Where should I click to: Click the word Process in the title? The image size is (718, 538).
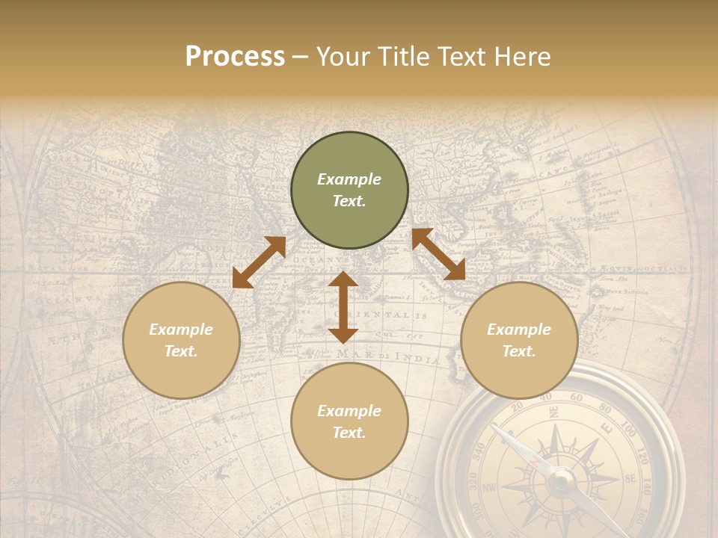tap(235, 57)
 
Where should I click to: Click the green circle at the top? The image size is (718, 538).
tap(349, 191)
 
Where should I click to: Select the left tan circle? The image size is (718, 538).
tap(181, 340)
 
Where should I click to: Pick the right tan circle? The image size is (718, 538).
tap(519, 340)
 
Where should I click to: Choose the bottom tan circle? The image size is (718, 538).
tap(349, 421)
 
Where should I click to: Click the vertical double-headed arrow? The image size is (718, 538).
tap(343, 307)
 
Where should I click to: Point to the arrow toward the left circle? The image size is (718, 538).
tap(259, 262)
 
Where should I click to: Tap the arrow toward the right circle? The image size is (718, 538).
tap(438, 254)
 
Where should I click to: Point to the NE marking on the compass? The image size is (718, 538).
tap(553, 412)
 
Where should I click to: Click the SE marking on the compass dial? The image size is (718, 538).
tap(630, 478)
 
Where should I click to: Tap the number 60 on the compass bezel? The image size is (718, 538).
tap(576, 398)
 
